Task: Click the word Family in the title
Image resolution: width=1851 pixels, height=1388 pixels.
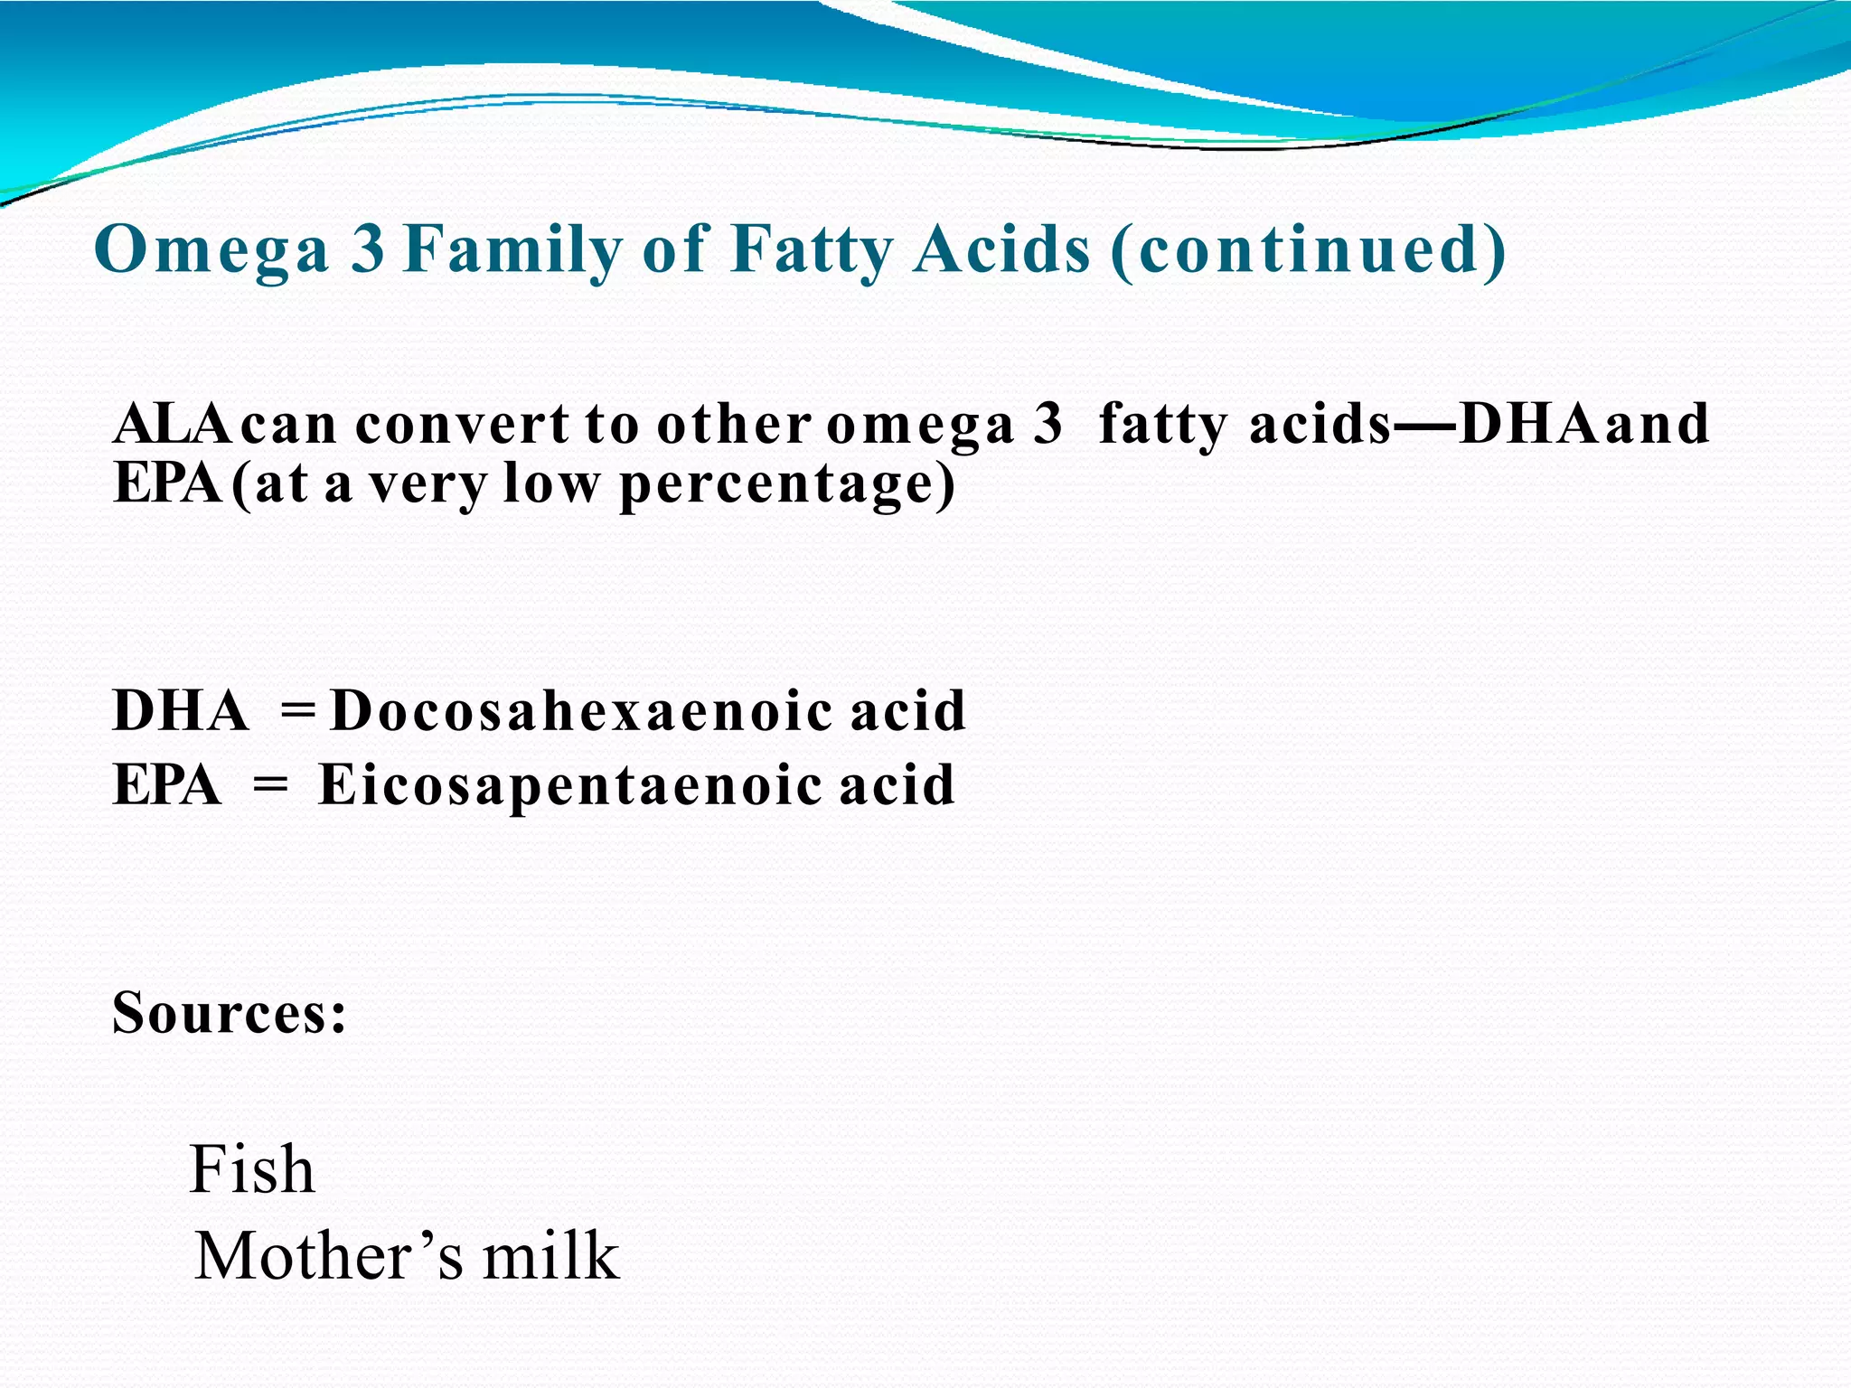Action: (513, 249)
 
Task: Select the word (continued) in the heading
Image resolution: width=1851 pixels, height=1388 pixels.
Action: (1308, 249)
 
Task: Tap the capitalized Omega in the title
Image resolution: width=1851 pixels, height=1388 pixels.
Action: (211, 249)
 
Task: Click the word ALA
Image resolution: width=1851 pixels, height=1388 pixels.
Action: (173, 423)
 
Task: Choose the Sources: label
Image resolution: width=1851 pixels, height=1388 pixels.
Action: (230, 1012)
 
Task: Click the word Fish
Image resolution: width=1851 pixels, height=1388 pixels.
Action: (252, 1169)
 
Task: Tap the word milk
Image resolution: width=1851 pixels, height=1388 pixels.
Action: (550, 1256)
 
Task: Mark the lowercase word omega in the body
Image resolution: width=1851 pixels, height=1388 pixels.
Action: (920, 425)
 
